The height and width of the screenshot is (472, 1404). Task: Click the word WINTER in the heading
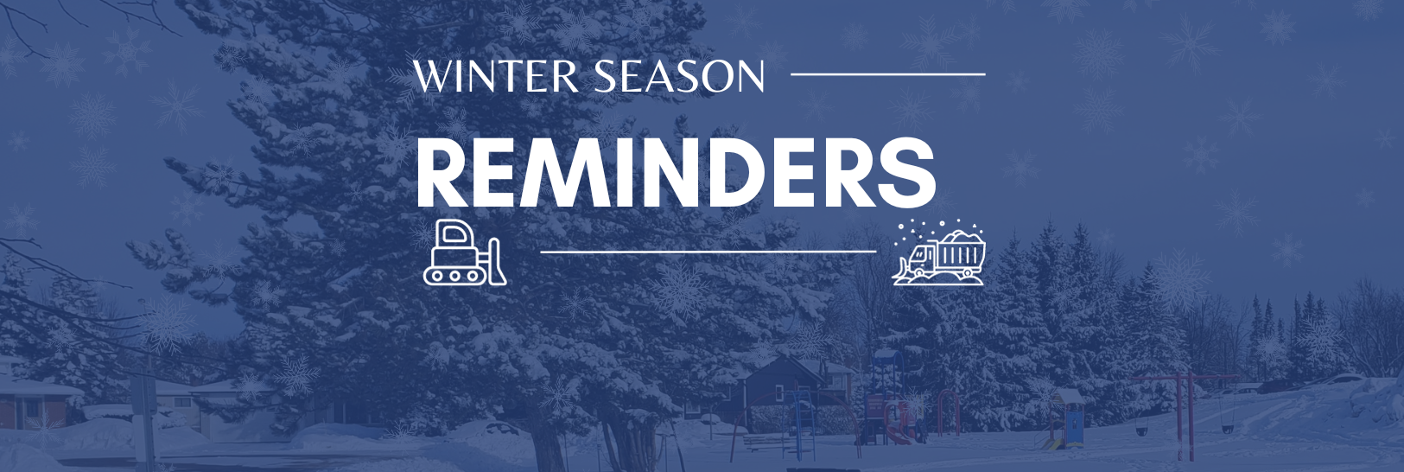coord(495,76)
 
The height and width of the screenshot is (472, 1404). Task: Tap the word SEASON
coord(678,76)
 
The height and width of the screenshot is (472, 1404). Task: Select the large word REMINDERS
coord(676,174)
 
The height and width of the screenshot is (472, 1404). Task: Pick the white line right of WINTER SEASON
coord(887,74)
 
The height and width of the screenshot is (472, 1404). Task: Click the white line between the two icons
coord(708,252)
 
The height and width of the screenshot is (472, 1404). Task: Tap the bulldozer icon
coord(465,252)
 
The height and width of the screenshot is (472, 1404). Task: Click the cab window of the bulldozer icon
coord(453,236)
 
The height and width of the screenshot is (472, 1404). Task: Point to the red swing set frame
coord(1184,414)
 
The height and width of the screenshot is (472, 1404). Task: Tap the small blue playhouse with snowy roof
coord(1067,418)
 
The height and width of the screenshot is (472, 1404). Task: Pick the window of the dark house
coord(779,393)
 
